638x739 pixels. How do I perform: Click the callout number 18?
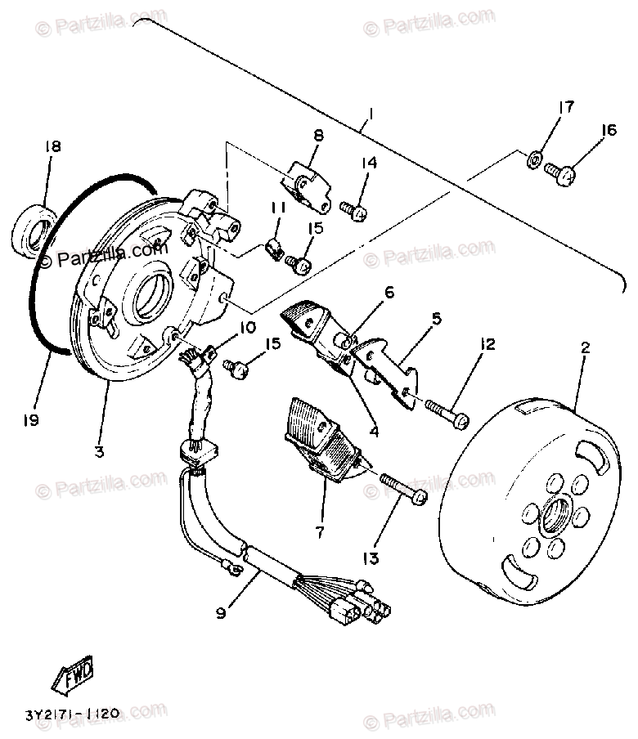(x=52, y=148)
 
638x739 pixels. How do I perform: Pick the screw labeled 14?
(x=355, y=211)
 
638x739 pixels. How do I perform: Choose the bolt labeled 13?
(x=405, y=490)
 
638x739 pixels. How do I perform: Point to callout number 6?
(x=389, y=292)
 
